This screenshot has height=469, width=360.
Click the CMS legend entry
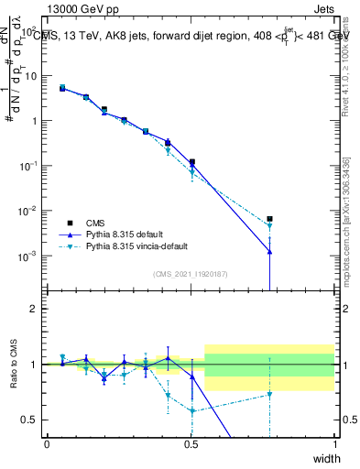point(96,223)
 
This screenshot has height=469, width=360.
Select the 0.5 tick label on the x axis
point(191,444)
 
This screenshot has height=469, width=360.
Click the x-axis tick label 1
point(334,444)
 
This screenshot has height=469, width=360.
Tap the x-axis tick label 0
point(48,444)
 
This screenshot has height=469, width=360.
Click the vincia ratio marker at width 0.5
point(191,411)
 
